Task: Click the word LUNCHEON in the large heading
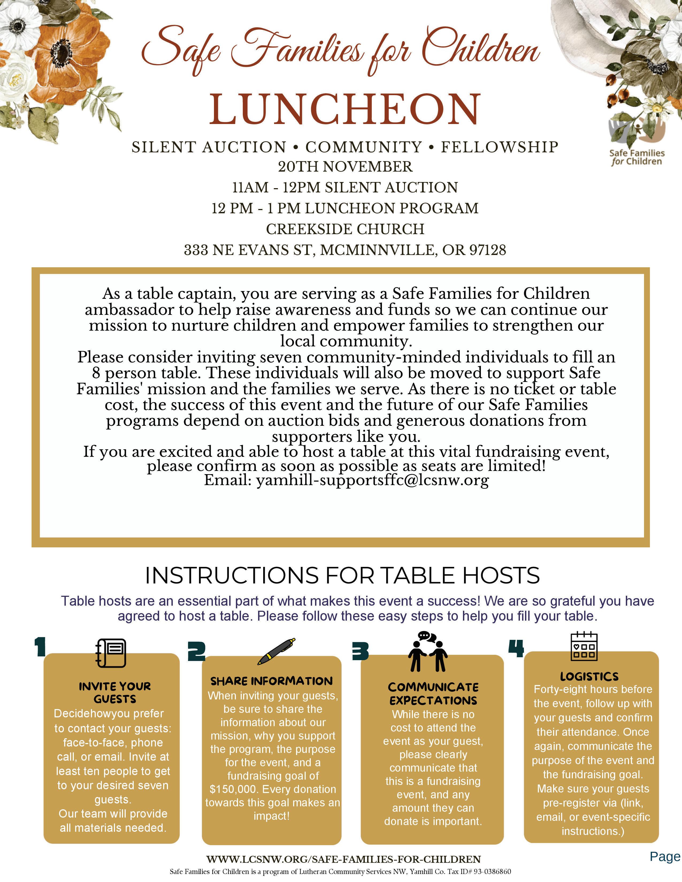coord(345,109)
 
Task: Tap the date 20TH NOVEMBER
coord(345,167)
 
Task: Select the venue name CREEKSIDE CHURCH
coord(345,229)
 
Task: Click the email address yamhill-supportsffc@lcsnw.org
coord(373,480)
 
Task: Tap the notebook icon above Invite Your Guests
coord(111,653)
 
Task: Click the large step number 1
coord(40,647)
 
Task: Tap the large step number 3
coord(361,651)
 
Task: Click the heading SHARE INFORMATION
coord(271,681)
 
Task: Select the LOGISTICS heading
coord(589,676)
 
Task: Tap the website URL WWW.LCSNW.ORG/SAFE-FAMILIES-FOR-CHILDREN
coord(343,859)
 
